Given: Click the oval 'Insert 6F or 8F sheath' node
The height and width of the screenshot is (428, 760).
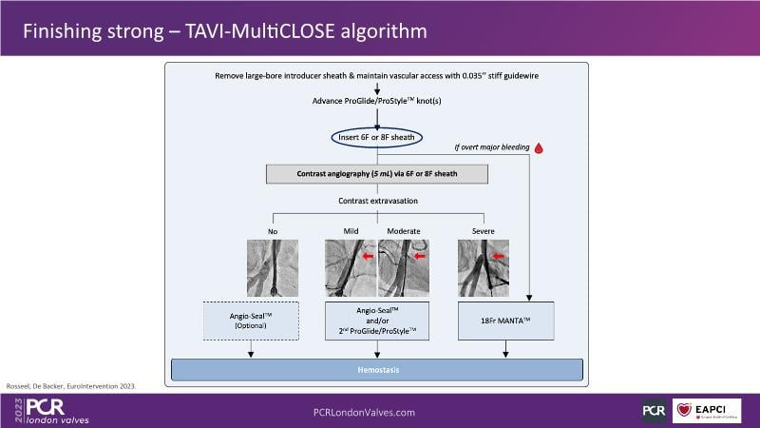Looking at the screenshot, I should [x=378, y=138].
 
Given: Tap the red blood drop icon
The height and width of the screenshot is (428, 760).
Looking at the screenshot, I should [x=538, y=147].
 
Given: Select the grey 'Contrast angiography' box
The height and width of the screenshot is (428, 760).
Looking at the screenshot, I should [x=378, y=174].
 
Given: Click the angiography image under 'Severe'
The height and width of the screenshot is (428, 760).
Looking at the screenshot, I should [x=483, y=267].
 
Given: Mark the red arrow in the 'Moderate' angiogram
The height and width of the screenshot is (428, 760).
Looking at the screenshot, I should [x=418, y=254].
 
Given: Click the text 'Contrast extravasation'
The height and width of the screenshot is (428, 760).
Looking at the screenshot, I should [x=378, y=201].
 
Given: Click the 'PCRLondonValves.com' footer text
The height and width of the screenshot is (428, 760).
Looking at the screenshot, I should [x=365, y=412].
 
